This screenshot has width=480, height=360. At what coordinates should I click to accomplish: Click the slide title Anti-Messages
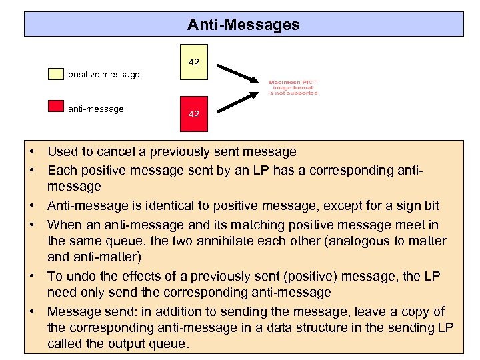[x=243, y=25]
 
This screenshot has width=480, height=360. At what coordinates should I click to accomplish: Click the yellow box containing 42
[x=193, y=62]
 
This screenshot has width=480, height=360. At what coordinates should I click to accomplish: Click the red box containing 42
[x=193, y=113]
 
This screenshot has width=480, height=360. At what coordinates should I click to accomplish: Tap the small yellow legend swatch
[x=55, y=73]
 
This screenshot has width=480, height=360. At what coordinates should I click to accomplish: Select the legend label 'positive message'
[x=104, y=74]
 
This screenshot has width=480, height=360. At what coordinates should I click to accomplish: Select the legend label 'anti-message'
[x=96, y=109]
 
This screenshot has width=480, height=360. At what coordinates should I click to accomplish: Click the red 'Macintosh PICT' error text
[x=293, y=87]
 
